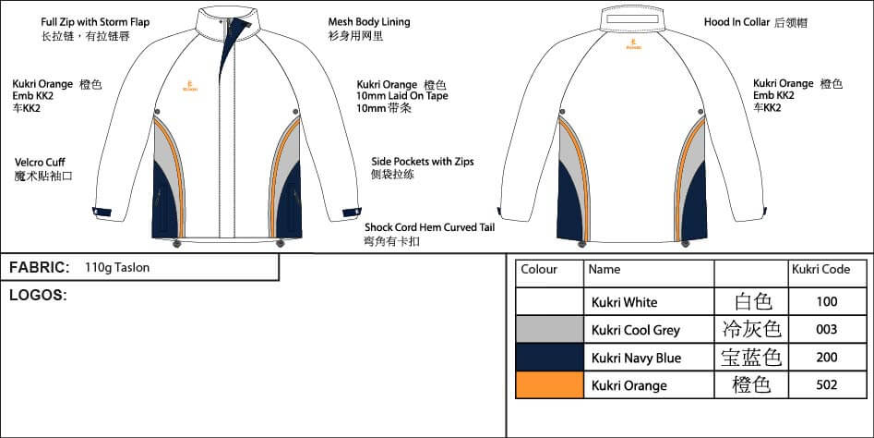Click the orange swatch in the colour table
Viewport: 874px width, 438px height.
[549, 384]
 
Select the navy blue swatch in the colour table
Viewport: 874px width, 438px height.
[549, 358]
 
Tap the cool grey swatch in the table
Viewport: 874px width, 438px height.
[549, 329]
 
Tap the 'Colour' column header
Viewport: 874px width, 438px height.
[539, 270]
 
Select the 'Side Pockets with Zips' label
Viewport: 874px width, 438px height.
[422, 161]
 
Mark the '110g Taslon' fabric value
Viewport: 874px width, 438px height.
[116, 268]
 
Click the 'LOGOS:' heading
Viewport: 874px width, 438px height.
[38, 296]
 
